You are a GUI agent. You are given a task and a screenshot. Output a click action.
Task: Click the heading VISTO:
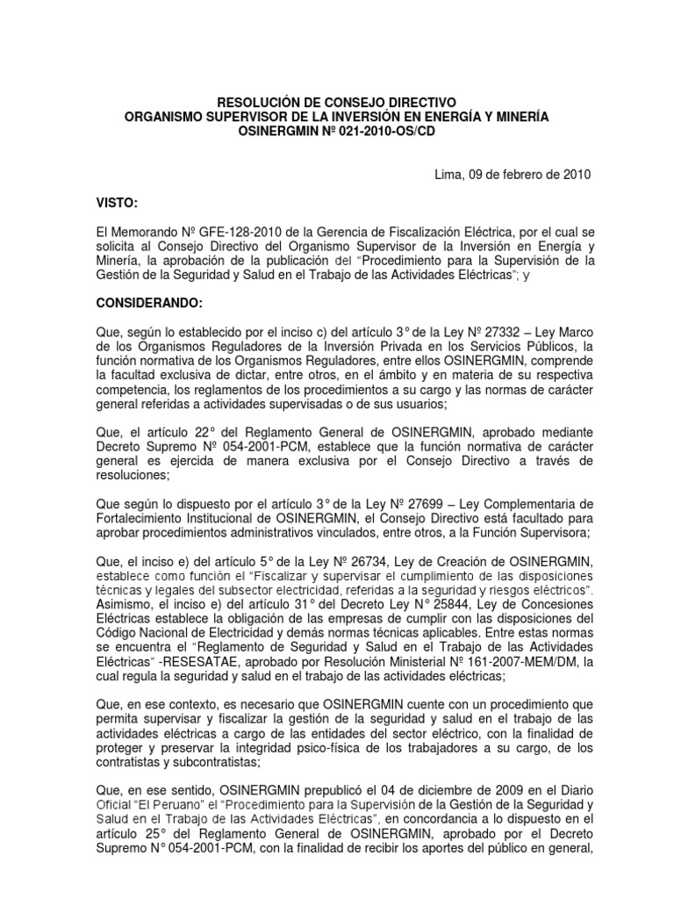[117, 204]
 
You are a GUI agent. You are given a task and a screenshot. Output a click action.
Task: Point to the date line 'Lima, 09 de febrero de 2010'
[513, 174]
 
